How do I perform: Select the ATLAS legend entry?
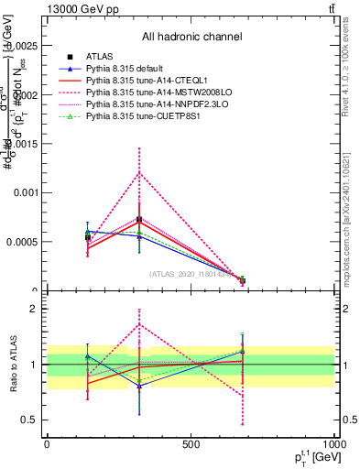(99, 58)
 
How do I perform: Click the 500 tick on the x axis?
(191, 444)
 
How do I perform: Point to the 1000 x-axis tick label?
(334, 444)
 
